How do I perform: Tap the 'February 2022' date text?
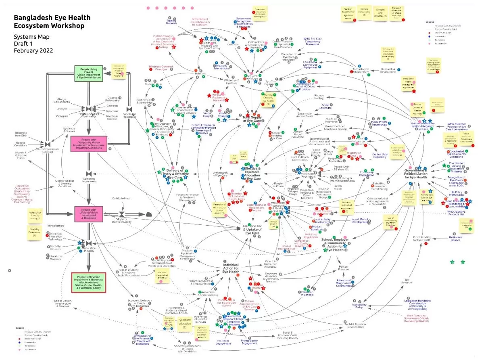(33, 50)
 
